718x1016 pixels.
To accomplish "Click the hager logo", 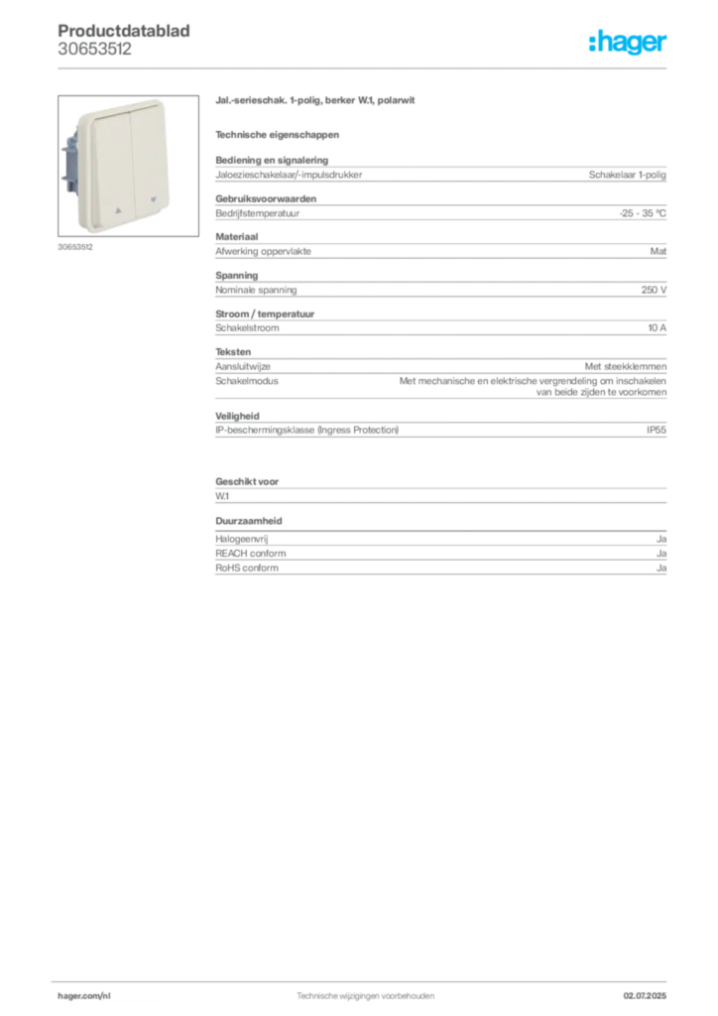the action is pos(627,43).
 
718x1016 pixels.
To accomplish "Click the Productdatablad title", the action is pos(124,31).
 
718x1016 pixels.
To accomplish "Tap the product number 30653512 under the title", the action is pos(94,49).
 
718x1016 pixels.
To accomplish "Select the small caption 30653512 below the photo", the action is pos(75,247).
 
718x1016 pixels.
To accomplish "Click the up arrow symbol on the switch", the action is pos(118,210).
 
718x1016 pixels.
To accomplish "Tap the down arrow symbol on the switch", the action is pos(154,199).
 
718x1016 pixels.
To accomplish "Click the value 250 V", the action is pos(654,290).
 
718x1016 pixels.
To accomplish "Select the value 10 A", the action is pos(657,327).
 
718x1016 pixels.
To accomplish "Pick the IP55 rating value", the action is pos(656,430).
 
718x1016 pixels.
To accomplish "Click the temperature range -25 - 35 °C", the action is pos(643,213).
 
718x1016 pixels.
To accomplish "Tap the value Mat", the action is pos(658,251).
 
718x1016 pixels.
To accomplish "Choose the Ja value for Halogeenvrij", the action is pos(661,539).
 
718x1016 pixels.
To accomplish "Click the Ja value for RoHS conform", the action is pos(661,568).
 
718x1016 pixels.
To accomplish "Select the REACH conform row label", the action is pos(251,554).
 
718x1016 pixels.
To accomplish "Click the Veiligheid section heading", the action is pos(237,416).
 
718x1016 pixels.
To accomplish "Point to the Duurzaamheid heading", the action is pos(249,520).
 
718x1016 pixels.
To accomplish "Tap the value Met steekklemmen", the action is pos(626,366).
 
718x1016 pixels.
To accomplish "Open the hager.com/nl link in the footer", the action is pos(84,996).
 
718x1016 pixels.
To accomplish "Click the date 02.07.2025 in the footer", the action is pos(645,996).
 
